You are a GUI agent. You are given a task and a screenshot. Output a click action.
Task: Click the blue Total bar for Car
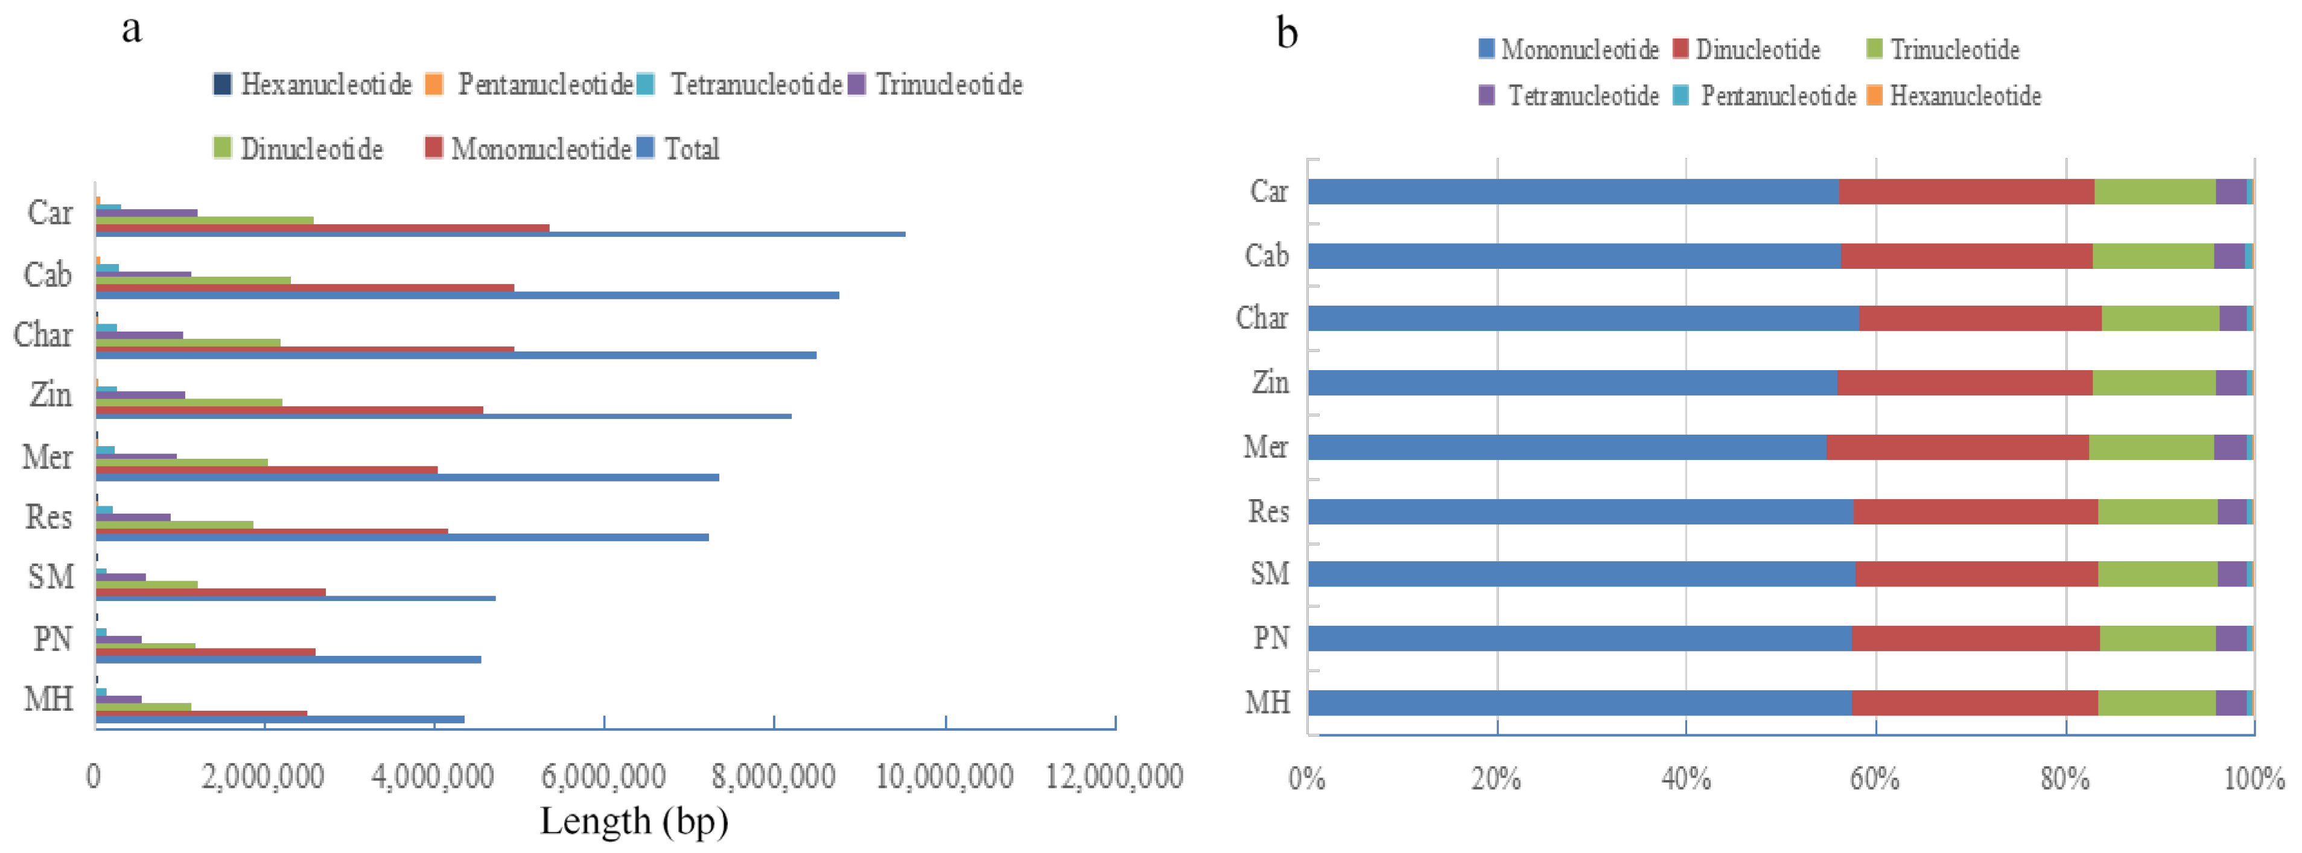500,234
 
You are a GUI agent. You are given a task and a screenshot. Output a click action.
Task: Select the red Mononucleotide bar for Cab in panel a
304,288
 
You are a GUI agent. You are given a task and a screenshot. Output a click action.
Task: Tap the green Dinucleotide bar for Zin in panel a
188,403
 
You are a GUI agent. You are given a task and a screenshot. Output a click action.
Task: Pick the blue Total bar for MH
280,719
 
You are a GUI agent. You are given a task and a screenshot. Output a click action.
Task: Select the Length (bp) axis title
634,820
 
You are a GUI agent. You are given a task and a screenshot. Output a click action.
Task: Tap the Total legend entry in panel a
679,148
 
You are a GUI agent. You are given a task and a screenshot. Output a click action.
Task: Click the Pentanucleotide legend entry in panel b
1767,96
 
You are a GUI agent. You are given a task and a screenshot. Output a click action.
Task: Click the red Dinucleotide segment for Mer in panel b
1957,447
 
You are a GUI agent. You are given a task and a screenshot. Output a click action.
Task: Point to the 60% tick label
1874,779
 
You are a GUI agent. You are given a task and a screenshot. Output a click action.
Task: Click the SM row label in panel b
1269,573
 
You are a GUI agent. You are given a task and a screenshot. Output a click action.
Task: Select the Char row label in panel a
42,335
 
